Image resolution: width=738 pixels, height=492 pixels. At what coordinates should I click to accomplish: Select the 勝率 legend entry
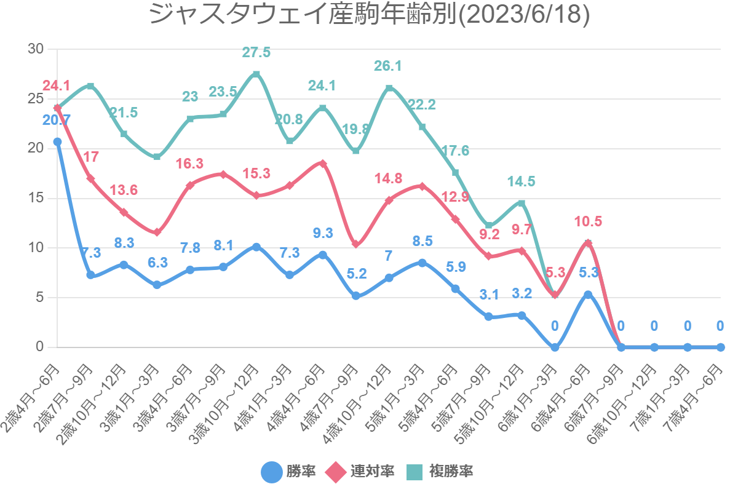[x=289, y=472]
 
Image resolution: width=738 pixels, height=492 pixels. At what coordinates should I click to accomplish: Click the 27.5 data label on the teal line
[x=256, y=53]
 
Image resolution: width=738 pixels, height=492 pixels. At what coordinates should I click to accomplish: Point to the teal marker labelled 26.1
[x=389, y=88]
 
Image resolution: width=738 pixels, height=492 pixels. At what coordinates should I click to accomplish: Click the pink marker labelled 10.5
[x=588, y=243]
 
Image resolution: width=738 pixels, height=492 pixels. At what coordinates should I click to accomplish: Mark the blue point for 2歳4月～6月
[x=57, y=141]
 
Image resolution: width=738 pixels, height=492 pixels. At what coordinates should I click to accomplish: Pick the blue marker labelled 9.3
[x=323, y=255]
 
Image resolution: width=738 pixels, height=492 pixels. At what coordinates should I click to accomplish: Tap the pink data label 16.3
[x=190, y=164]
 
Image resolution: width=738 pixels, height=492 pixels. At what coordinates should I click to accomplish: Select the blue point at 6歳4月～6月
[x=588, y=295]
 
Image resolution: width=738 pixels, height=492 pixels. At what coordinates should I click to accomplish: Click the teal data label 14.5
[x=522, y=181]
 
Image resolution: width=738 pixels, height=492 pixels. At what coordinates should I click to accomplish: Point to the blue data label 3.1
[x=488, y=295]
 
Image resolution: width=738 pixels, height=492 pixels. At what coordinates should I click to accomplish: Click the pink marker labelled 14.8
[x=389, y=200]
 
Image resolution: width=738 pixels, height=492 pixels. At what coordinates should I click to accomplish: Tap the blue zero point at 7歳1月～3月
[x=688, y=347]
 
